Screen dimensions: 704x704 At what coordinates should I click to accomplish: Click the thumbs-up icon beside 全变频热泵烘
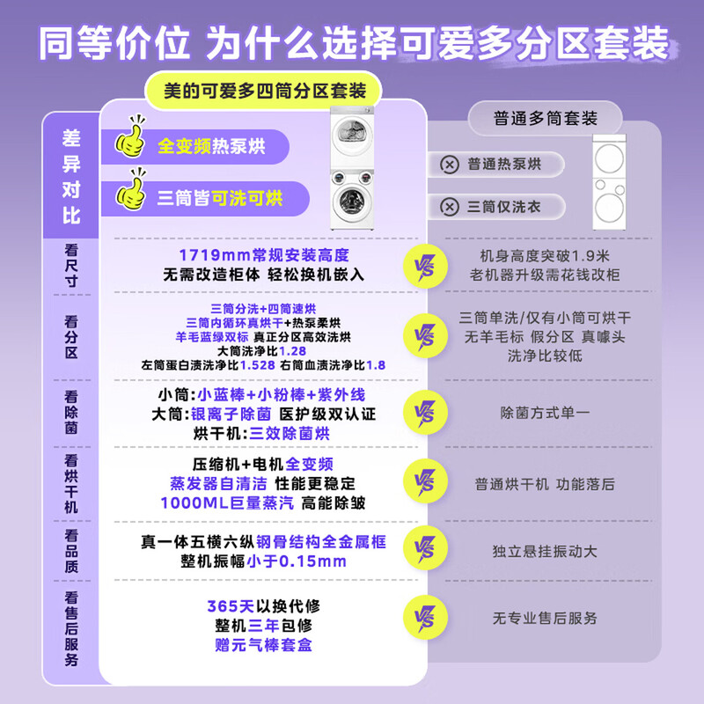click(132, 143)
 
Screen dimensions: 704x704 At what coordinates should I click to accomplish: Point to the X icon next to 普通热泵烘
click(450, 164)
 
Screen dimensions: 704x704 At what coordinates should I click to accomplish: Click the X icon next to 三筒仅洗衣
click(450, 207)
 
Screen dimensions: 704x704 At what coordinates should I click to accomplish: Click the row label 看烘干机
click(71, 484)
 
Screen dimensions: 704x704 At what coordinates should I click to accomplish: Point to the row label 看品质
click(71, 551)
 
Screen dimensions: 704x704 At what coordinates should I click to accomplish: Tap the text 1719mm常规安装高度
click(263, 255)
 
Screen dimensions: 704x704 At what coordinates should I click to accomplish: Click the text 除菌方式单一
click(545, 411)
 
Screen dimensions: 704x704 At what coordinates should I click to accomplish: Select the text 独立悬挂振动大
click(545, 551)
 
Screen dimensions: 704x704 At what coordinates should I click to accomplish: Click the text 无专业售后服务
click(545, 619)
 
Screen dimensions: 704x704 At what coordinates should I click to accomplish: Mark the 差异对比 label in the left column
click(71, 176)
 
